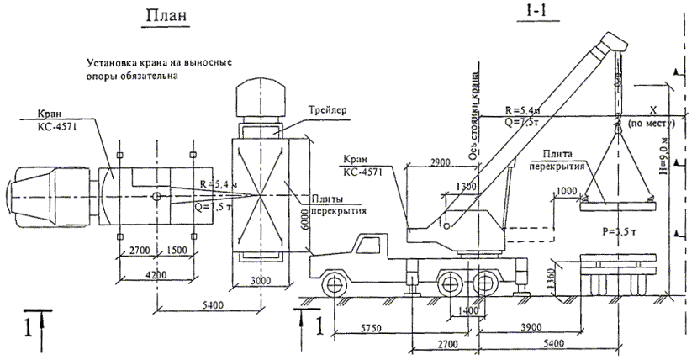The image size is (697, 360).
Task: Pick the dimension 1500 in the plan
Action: pos(176,251)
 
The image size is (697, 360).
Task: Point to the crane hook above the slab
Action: pos(616,124)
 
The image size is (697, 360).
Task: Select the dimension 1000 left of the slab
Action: pos(567,192)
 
